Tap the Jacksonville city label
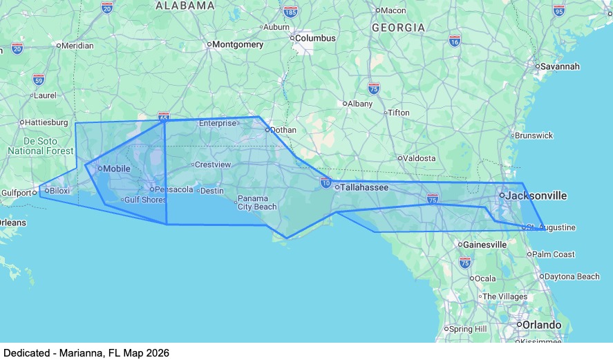click(x=536, y=196)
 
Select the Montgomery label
click(x=238, y=44)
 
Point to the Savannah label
click(x=560, y=66)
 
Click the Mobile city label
click(x=116, y=168)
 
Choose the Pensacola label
click(x=174, y=189)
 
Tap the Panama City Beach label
click(x=257, y=202)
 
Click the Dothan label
click(x=283, y=129)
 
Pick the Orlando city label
click(x=541, y=325)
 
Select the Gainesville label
click(x=485, y=245)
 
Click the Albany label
click(x=360, y=104)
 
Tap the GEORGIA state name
click(x=398, y=28)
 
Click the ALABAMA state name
click(x=185, y=6)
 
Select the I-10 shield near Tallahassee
click(x=326, y=182)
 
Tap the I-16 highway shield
click(x=454, y=41)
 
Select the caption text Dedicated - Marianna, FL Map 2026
click(x=86, y=352)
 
